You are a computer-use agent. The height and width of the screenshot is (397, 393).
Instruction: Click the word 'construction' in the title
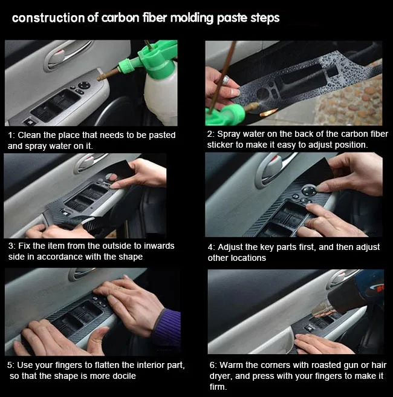coord(48,18)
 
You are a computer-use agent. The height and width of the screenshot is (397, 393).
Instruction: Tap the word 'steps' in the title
coord(265,19)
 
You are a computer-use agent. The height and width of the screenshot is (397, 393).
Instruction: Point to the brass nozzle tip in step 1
coord(100,78)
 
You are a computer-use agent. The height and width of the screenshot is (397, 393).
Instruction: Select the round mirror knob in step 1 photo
coord(85,85)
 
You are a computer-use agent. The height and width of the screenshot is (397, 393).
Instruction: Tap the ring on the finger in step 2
coord(225,79)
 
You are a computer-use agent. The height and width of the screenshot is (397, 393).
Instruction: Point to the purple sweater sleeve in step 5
coord(167,327)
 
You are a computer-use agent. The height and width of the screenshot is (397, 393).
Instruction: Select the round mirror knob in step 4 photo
coord(309,190)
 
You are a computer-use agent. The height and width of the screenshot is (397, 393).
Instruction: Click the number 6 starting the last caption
coord(212,366)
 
